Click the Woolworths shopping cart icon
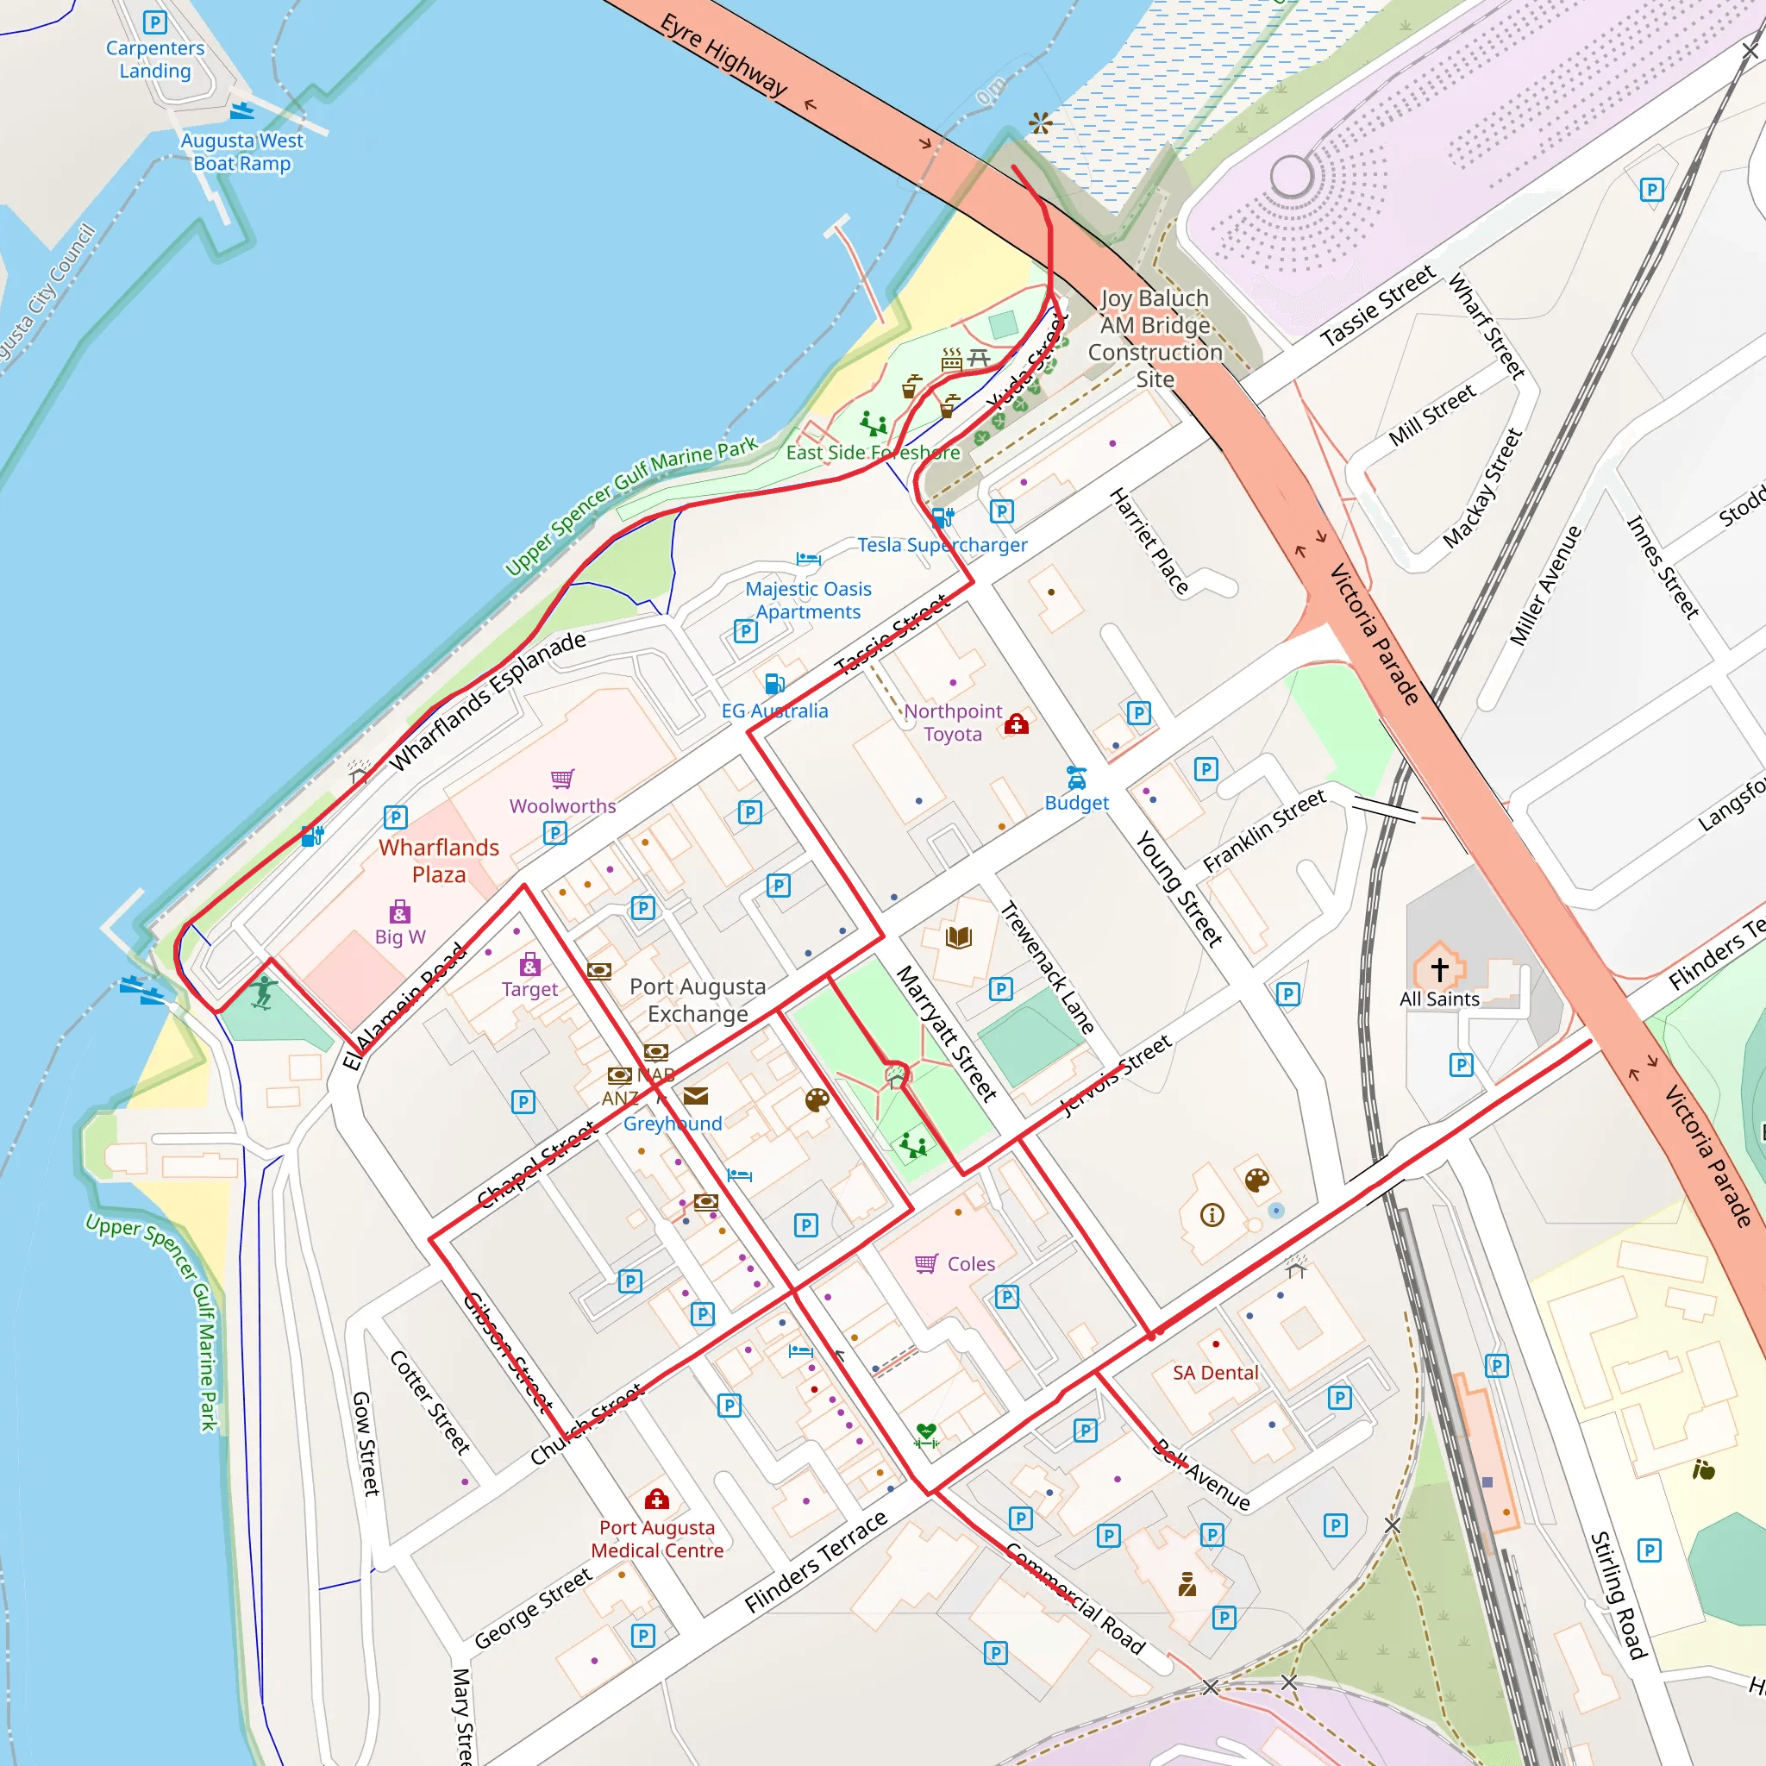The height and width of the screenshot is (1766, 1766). [562, 778]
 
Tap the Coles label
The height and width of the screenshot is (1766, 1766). [971, 1264]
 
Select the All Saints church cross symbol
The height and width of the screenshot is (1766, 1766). [1440, 969]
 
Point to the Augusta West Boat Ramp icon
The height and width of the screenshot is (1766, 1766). [241, 111]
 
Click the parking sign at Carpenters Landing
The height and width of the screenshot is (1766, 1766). [155, 22]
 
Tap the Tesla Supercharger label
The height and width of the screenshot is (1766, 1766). [942, 545]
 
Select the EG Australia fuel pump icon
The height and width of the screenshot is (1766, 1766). [774, 684]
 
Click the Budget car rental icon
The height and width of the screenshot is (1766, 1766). [1077, 778]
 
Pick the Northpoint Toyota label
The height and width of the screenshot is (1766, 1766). [953, 722]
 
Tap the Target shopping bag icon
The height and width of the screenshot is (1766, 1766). [529, 964]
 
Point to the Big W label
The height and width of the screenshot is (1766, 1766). [399, 937]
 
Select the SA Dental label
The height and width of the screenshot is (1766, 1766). [1215, 1373]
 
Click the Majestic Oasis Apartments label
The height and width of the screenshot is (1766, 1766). [808, 600]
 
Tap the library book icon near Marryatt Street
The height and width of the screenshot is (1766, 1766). [958, 937]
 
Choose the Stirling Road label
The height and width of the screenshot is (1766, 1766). [1618, 1596]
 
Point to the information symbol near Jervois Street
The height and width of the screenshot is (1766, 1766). [1212, 1215]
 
